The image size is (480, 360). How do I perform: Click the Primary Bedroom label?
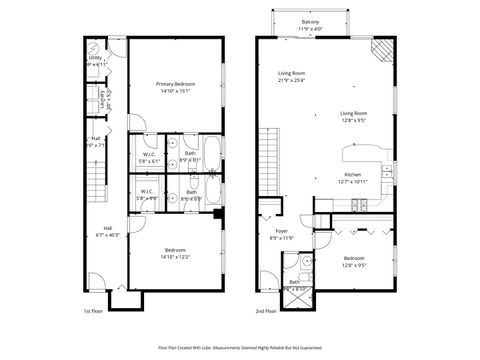click(x=174, y=86)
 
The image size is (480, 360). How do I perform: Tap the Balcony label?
click(x=310, y=24)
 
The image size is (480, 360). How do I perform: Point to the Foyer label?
click(x=280, y=235)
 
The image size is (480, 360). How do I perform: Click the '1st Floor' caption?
click(x=92, y=310)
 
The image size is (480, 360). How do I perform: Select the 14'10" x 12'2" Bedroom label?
click(x=174, y=254)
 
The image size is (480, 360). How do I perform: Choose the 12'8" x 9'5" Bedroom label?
click(x=354, y=262)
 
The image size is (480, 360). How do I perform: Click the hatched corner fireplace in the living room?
click(x=382, y=50)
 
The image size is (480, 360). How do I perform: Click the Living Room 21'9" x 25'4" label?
click(x=292, y=78)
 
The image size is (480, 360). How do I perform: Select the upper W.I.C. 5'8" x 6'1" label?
click(x=147, y=157)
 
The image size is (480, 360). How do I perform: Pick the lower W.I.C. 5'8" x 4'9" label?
click(x=147, y=194)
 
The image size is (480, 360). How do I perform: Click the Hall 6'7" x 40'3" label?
click(x=106, y=231)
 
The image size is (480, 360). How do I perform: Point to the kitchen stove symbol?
click(x=359, y=204)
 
